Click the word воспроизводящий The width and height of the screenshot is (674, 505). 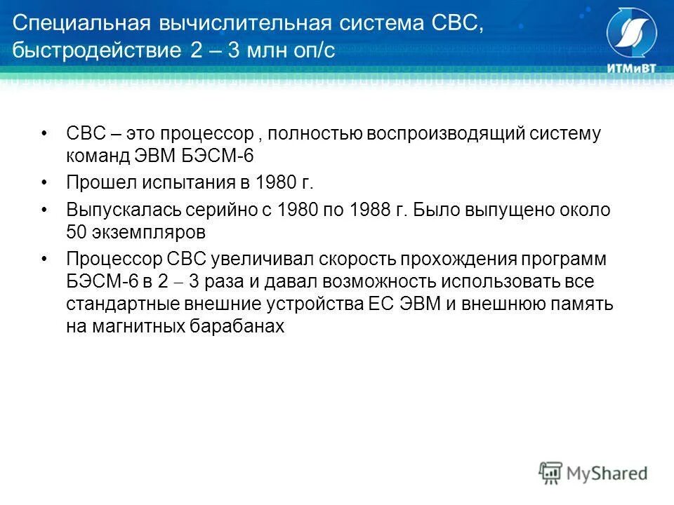464,133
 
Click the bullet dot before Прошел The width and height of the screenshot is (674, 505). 45,183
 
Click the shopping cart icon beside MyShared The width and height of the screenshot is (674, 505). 551,473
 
